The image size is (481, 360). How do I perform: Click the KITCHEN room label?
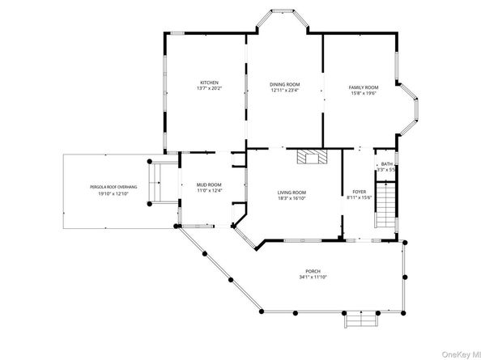pos(210,82)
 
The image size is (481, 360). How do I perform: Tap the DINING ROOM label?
pos(284,84)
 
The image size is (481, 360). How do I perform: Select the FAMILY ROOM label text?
pos(364,87)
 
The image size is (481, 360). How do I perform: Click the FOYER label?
pos(358,192)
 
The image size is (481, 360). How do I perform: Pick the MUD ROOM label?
pos(209,184)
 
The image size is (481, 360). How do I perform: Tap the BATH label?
pos(386,164)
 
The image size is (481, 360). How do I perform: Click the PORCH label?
pos(313,271)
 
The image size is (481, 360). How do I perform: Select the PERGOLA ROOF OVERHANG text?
pos(113,188)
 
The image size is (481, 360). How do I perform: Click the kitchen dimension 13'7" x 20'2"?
pos(210,88)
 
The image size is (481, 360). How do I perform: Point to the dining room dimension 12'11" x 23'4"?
pos(284,91)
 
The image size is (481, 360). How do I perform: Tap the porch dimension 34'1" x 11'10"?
pos(313,277)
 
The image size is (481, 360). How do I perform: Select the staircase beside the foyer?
pos(387,205)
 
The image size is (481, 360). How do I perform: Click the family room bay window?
pos(414,108)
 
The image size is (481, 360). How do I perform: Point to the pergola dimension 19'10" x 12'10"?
pos(113,194)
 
